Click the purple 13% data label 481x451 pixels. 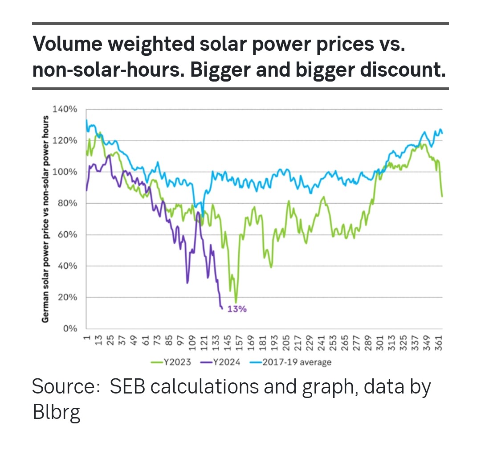point(237,309)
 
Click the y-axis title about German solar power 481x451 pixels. point(45,219)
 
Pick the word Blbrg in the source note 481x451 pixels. point(57,412)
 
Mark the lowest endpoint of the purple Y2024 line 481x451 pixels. point(222,308)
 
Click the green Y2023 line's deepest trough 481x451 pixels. point(236,303)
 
